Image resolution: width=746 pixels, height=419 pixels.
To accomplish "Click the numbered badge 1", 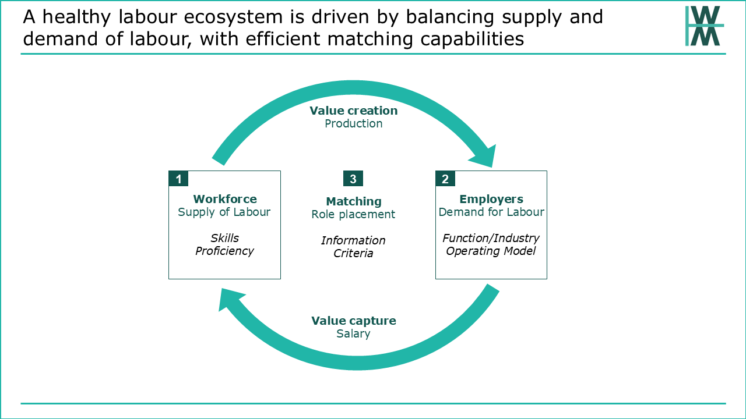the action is click(x=178, y=179).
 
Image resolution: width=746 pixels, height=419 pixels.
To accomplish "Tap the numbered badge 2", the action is click(x=445, y=179).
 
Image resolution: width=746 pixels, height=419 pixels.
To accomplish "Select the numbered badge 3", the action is click(x=353, y=179).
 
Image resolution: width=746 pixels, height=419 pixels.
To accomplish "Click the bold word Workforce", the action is click(x=225, y=199).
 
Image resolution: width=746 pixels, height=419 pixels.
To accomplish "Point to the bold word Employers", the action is click(x=491, y=199).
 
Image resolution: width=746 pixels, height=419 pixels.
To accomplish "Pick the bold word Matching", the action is click(x=354, y=201).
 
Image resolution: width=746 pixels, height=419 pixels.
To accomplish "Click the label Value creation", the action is click(x=353, y=111).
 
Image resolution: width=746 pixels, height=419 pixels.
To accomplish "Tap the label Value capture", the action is click(x=354, y=321).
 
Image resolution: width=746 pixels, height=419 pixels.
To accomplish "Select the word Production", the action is click(x=353, y=123).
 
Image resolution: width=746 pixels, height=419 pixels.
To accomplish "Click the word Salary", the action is click(x=353, y=333).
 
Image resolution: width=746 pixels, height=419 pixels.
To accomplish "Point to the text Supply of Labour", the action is click(x=224, y=212).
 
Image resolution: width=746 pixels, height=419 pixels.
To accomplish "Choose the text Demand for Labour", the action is click(x=491, y=212).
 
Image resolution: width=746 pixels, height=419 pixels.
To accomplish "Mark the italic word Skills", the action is click(x=224, y=238).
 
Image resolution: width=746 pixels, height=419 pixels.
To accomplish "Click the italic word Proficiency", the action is click(x=224, y=251).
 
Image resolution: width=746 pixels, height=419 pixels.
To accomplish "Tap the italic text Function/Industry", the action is click(x=491, y=238).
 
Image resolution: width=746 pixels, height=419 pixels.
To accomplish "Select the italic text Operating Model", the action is click(x=491, y=251).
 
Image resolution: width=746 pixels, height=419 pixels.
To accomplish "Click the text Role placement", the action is click(x=353, y=215).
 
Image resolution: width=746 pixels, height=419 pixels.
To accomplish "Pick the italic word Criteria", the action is click(x=353, y=253).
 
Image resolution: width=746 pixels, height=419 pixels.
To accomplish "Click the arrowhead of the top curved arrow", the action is click(x=484, y=157).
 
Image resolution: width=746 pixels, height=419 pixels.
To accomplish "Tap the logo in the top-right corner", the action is click(x=705, y=26).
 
